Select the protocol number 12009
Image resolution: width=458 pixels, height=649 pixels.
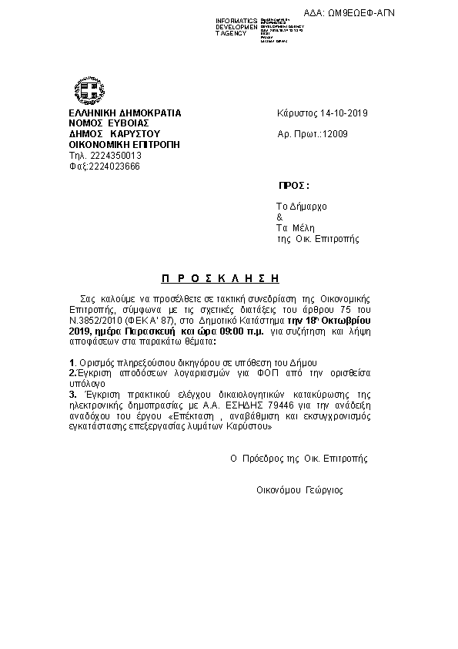336,134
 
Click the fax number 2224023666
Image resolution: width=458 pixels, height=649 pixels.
115,166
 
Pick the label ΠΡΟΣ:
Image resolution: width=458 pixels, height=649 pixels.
293,187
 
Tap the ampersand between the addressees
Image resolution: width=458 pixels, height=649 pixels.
279,217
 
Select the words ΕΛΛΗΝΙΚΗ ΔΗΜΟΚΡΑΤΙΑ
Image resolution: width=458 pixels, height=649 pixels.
125,113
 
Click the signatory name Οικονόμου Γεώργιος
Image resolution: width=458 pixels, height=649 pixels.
299,489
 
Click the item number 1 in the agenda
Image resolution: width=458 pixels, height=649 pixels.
72,361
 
